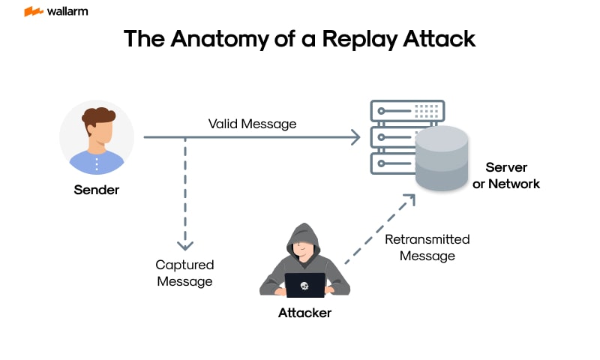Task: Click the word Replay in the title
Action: (x=359, y=39)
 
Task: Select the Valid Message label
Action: (x=252, y=124)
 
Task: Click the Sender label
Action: (x=96, y=190)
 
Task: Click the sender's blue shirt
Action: (x=97, y=161)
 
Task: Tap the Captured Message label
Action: (x=184, y=273)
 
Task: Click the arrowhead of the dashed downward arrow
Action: (x=184, y=245)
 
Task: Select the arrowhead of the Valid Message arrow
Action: (x=355, y=137)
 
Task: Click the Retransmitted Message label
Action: (x=427, y=247)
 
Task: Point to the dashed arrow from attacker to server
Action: (x=379, y=229)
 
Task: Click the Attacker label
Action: (x=304, y=313)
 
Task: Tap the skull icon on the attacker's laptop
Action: (x=304, y=286)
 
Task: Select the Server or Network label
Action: (x=506, y=175)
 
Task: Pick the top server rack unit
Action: (x=407, y=111)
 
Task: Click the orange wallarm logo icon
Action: (x=33, y=11)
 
